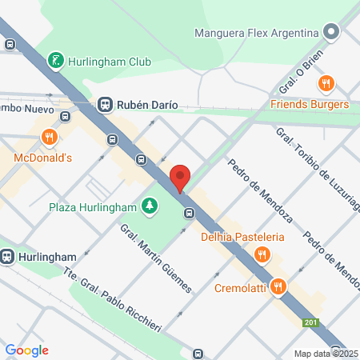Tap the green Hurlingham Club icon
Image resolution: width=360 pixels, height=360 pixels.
(x=55, y=60)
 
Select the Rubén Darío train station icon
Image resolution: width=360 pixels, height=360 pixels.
(x=105, y=104)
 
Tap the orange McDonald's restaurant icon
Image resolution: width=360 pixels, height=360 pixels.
(x=49, y=137)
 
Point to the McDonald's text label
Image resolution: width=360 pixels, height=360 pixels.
(x=43, y=158)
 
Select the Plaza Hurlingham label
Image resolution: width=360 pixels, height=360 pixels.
(x=94, y=207)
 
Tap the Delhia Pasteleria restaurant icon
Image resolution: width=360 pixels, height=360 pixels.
(x=261, y=255)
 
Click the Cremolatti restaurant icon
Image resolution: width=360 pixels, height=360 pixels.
(x=278, y=286)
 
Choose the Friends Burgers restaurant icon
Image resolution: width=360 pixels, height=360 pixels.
(x=326, y=83)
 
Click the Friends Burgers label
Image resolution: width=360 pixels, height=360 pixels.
(x=310, y=105)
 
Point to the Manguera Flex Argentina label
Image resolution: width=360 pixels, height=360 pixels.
(x=257, y=34)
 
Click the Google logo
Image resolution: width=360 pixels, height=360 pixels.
(x=26, y=350)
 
